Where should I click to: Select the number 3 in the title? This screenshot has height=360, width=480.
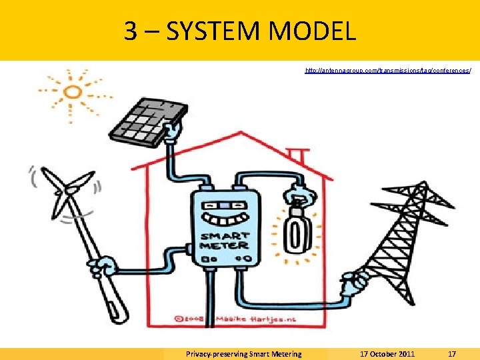[x=131, y=31]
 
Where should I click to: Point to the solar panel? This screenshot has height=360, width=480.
[x=143, y=116]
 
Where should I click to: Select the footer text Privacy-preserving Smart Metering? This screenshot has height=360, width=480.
[x=243, y=354]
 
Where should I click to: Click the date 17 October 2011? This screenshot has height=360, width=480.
[x=387, y=354]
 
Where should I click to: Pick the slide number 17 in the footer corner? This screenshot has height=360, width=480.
[x=451, y=354]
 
